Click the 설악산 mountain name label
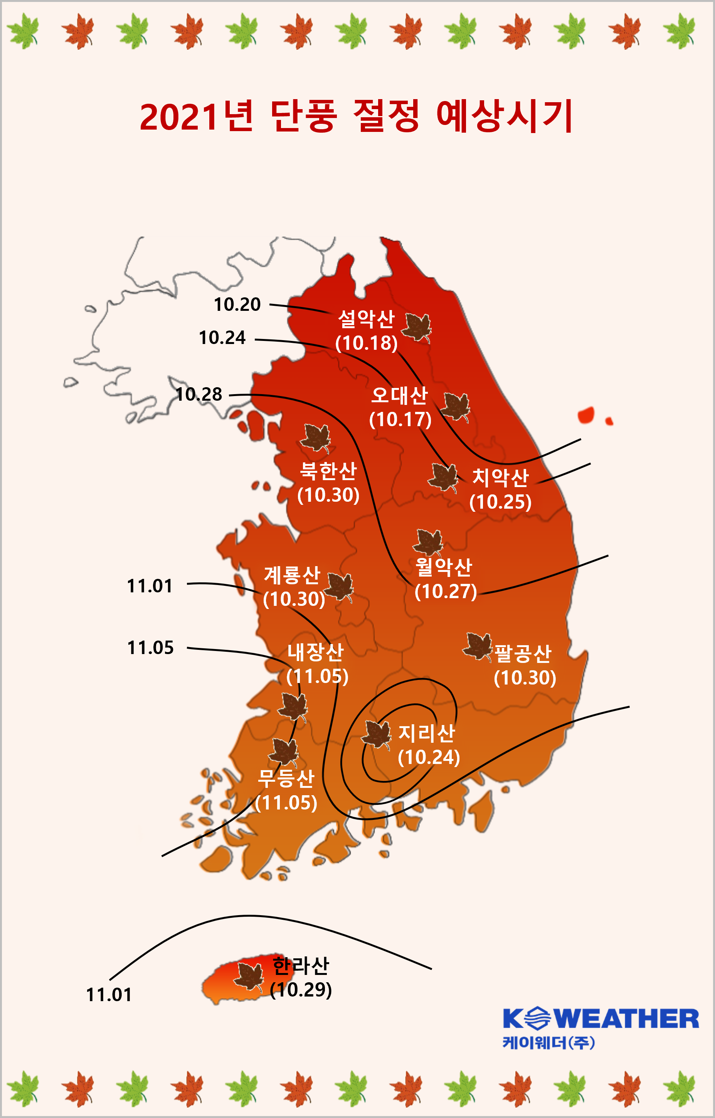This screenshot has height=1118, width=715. coord(366,319)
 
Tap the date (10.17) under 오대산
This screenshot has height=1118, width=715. coord(400,420)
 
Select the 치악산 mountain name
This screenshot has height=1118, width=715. coord(500,477)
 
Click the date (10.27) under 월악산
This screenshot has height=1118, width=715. coord(446,591)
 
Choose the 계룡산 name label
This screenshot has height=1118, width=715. coord(292,575)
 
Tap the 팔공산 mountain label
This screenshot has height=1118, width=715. coord(523,654)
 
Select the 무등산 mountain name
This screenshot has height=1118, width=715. coord(286,779)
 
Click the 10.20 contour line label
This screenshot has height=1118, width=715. coord(237,305)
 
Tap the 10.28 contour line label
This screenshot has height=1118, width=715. coord(199,395)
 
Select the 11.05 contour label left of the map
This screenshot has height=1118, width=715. coord(150,648)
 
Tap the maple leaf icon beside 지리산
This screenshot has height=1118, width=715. coord(376,734)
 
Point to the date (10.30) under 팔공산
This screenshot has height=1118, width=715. coord(525,678)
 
